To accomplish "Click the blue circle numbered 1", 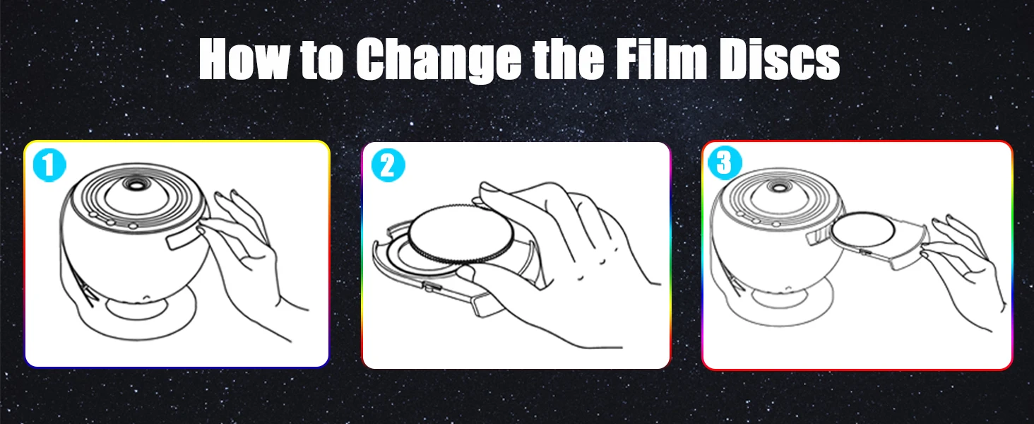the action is click(49, 165).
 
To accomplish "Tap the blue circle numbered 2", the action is click(388, 165).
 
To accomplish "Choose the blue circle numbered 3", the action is click(725, 163).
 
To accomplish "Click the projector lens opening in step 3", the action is click(780, 188).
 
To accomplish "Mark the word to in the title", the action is click(321, 60).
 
